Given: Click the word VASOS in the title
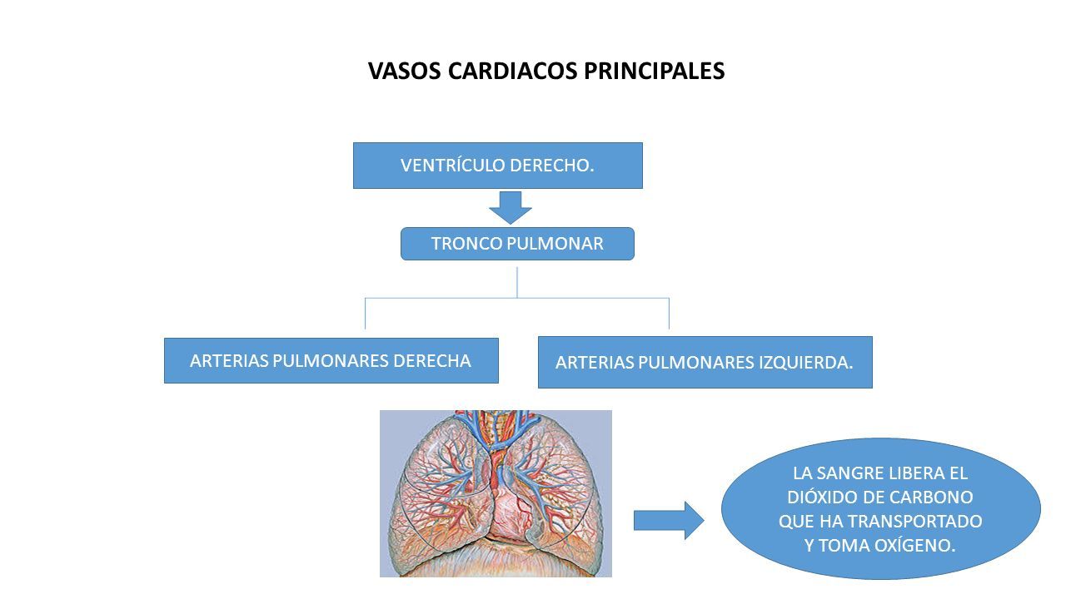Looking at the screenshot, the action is click(405, 71).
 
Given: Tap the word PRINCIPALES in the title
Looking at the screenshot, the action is click(655, 71).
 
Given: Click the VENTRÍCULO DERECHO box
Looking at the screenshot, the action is click(498, 166).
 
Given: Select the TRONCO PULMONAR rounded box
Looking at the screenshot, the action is click(517, 244).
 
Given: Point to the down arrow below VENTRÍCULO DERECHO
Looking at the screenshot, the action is click(511, 208).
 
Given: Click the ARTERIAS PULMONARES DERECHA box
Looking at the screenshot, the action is click(331, 361).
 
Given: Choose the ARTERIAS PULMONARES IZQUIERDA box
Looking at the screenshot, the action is click(705, 362).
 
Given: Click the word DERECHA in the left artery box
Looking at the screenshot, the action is click(432, 361).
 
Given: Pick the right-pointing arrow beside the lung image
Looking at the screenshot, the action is click(669, 521).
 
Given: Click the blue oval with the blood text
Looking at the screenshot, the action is click(881, 508).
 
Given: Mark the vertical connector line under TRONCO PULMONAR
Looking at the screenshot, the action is click(517, 282).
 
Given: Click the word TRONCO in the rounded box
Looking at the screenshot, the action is click(466, 244).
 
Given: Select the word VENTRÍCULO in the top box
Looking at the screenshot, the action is click(452, 166).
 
